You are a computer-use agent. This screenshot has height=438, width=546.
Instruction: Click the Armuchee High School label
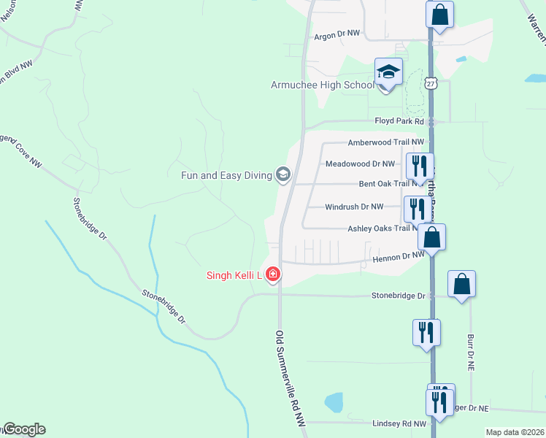pyautogui.click(x=322, y=85)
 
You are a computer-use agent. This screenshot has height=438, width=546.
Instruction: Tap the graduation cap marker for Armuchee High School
pyautogui.click(x=388, y=72)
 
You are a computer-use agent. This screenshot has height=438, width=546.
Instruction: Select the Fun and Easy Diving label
pyautogui.click(x=226, y=174)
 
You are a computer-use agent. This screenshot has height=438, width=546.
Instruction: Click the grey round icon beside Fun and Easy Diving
pyautogui.click(x=282, y=174)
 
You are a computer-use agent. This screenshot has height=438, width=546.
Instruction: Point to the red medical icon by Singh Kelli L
pyautogui.click(x=273, y=274)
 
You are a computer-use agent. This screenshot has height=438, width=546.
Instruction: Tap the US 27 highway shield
pyautogui.click(x=432, y=84)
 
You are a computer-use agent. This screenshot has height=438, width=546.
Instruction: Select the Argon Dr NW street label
pyautogui.click(x=337, y=34)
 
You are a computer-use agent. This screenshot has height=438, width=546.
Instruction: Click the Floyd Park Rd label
pyautogui.click(x=399, y=121)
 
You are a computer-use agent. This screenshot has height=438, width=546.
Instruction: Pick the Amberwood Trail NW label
pyautogui.click(x=385, y=142)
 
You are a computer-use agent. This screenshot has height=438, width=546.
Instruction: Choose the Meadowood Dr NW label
pyautogui.click(x=360, y=164)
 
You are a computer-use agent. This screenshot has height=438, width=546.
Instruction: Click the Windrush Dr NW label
pyautogui.click(x=354, y=207)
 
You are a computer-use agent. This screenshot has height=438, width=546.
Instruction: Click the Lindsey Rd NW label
pyautogui.click(x=399, y=423)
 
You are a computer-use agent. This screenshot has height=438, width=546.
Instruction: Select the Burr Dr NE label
pyautogui.click(x=471, y=351)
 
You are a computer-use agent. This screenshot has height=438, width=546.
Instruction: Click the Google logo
pyautogui.click(x=24, y=429)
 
